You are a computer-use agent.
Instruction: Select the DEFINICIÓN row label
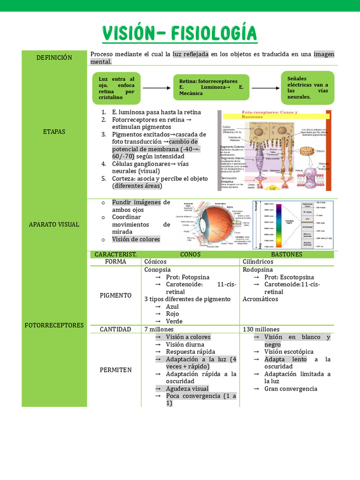point(54,58)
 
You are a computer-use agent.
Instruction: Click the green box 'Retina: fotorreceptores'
point(211,87)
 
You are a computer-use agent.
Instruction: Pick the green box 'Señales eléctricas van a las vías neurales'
point(307,87)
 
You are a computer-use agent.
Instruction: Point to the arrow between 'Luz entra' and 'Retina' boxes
point(156,88)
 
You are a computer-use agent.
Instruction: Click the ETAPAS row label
point(54,132)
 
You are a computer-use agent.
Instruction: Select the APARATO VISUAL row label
point(54,225)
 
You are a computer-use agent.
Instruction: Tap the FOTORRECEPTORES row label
point(54,325)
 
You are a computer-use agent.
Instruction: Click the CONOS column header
point(190,255)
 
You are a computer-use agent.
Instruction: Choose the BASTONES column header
point(286,255)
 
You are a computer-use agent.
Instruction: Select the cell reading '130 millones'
point(261,330)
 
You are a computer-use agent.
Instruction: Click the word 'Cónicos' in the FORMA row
point(156,262)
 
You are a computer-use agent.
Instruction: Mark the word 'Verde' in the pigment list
point(174,322)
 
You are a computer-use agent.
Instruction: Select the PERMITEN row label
point(116,370)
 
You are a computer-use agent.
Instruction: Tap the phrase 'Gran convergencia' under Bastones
point(291,389)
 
